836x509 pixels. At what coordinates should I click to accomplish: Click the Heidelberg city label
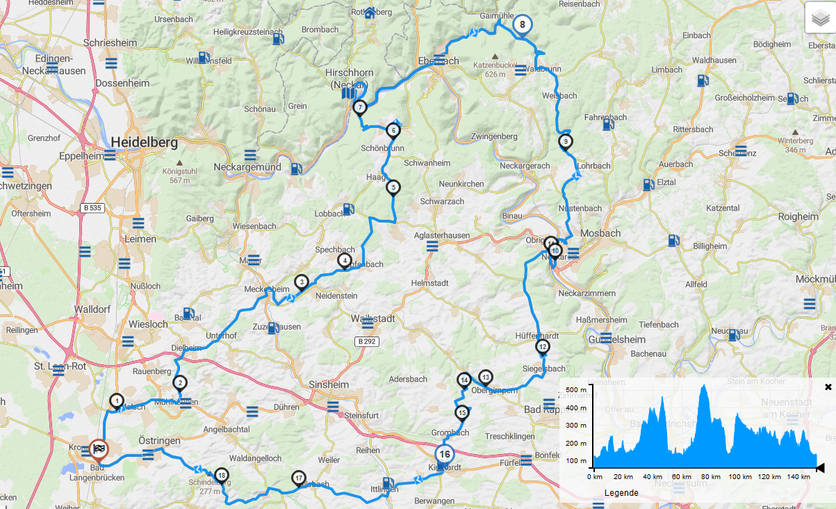(x=145, y=143)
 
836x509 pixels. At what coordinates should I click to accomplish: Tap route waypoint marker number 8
(x=522, y=24)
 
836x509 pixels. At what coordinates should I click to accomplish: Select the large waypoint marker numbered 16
(x=445, y=454)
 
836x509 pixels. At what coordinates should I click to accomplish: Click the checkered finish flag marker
(x=99, y=449)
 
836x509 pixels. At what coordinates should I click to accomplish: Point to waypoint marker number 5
(x=393, y=187)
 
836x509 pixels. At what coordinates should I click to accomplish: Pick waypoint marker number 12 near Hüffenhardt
(x=543, y=347)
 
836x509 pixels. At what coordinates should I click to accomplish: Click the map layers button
(x=820, y=19)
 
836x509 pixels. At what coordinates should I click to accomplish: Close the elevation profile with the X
(x=828, y=387)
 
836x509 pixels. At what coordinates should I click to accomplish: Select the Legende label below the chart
(x=621, y=493)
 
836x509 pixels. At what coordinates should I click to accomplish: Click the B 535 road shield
(x=92, y=207)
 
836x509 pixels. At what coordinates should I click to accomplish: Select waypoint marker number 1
(x=117, y=401)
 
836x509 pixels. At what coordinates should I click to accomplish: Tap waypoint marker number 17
(x=299, y=478)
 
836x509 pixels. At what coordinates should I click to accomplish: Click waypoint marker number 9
(x=565, y=142)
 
